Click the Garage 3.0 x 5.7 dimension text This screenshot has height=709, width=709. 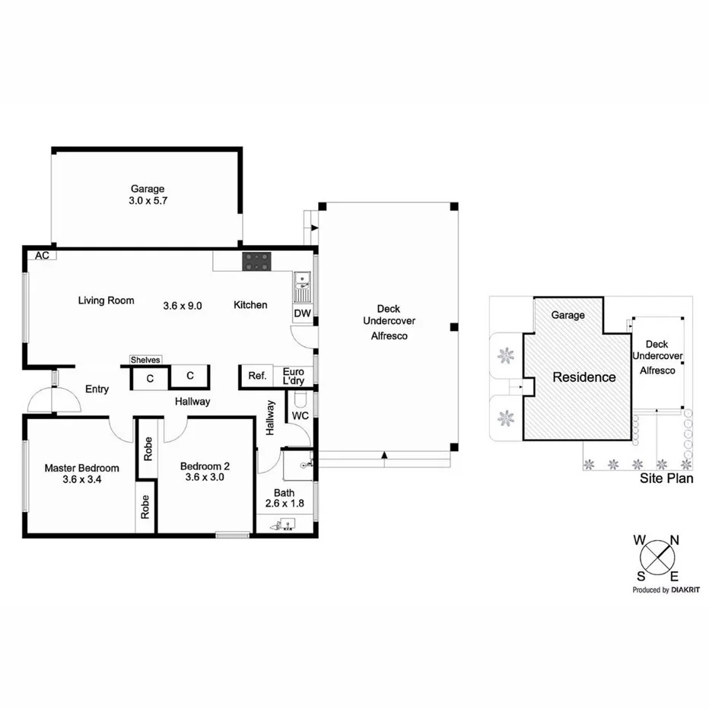[147, 202]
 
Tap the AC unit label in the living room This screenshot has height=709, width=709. [42, 256]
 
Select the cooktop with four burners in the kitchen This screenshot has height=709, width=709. [256, 262]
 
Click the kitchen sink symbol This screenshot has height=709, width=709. [302, 288]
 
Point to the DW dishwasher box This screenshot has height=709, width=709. [301, 313]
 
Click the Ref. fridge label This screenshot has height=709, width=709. [256, 376]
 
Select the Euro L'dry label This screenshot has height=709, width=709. [293, 376]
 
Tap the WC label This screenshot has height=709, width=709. [300, 416]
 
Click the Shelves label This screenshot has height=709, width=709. [145, 360]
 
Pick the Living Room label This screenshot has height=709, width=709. [106, 300]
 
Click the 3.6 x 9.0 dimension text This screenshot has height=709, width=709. [183, 306]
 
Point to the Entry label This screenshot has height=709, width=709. [97, 389]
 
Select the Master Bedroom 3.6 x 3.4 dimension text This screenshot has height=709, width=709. [81, 481]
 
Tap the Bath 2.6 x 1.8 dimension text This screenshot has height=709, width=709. [279, 504]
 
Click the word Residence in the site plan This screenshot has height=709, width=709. [583, 377]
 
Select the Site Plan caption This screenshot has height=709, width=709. [666, 479]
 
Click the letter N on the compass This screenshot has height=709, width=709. [674, 540]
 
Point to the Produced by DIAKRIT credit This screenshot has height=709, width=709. [666, 590]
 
